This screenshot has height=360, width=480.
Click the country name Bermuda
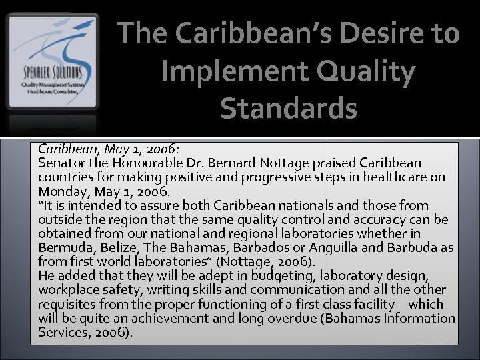(x=65, y=247)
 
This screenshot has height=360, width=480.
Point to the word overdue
(x=293, y=317)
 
